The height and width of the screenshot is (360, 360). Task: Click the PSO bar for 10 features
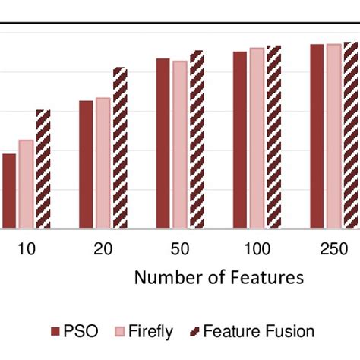9,191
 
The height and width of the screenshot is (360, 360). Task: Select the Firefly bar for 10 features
26,184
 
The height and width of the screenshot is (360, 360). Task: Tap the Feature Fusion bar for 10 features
43,169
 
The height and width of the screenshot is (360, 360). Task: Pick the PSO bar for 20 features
86,164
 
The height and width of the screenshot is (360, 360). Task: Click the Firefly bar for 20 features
103,163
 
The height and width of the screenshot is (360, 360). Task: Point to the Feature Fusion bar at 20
120,147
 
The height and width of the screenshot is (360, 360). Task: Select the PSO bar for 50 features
163,143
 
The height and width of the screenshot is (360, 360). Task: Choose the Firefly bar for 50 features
179,144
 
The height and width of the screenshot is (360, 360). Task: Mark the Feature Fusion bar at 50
197,139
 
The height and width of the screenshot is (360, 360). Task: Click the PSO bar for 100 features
240,140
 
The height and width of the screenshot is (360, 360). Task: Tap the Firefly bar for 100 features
257,137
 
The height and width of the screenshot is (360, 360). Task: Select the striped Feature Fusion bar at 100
274,137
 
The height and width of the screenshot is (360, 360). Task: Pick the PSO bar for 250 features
317,136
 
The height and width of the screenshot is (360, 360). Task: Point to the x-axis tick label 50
180,249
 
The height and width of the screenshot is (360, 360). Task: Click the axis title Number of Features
219,277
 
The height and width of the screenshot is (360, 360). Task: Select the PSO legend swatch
55,332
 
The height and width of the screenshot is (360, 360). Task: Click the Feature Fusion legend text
258,332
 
